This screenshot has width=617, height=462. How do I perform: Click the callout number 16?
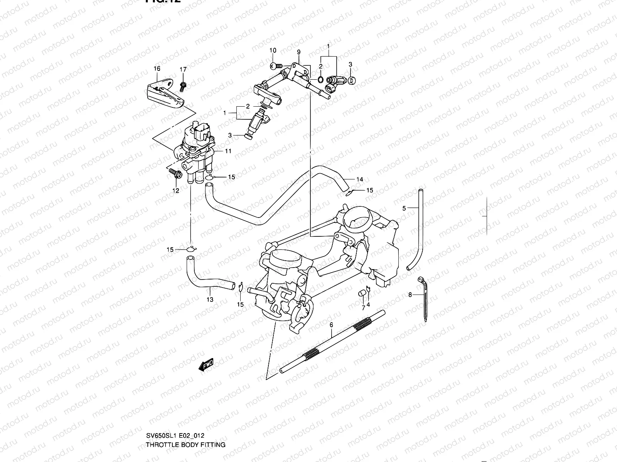157,69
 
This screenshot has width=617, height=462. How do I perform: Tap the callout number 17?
183,69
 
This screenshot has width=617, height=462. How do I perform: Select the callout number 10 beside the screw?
273,50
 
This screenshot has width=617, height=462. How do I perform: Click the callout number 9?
298,52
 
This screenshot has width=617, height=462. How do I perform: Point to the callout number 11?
228,151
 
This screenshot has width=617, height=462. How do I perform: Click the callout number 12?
175,191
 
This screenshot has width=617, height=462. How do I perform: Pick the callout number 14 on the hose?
359,179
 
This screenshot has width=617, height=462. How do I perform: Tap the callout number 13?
210,299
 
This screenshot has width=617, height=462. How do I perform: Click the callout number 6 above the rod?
331,325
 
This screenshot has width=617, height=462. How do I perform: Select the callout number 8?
410,295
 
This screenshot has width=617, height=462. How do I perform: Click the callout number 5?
404,208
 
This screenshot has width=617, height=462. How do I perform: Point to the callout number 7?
363,308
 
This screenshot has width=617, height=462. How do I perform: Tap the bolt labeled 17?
183,85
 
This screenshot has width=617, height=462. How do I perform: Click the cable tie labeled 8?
425,300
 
